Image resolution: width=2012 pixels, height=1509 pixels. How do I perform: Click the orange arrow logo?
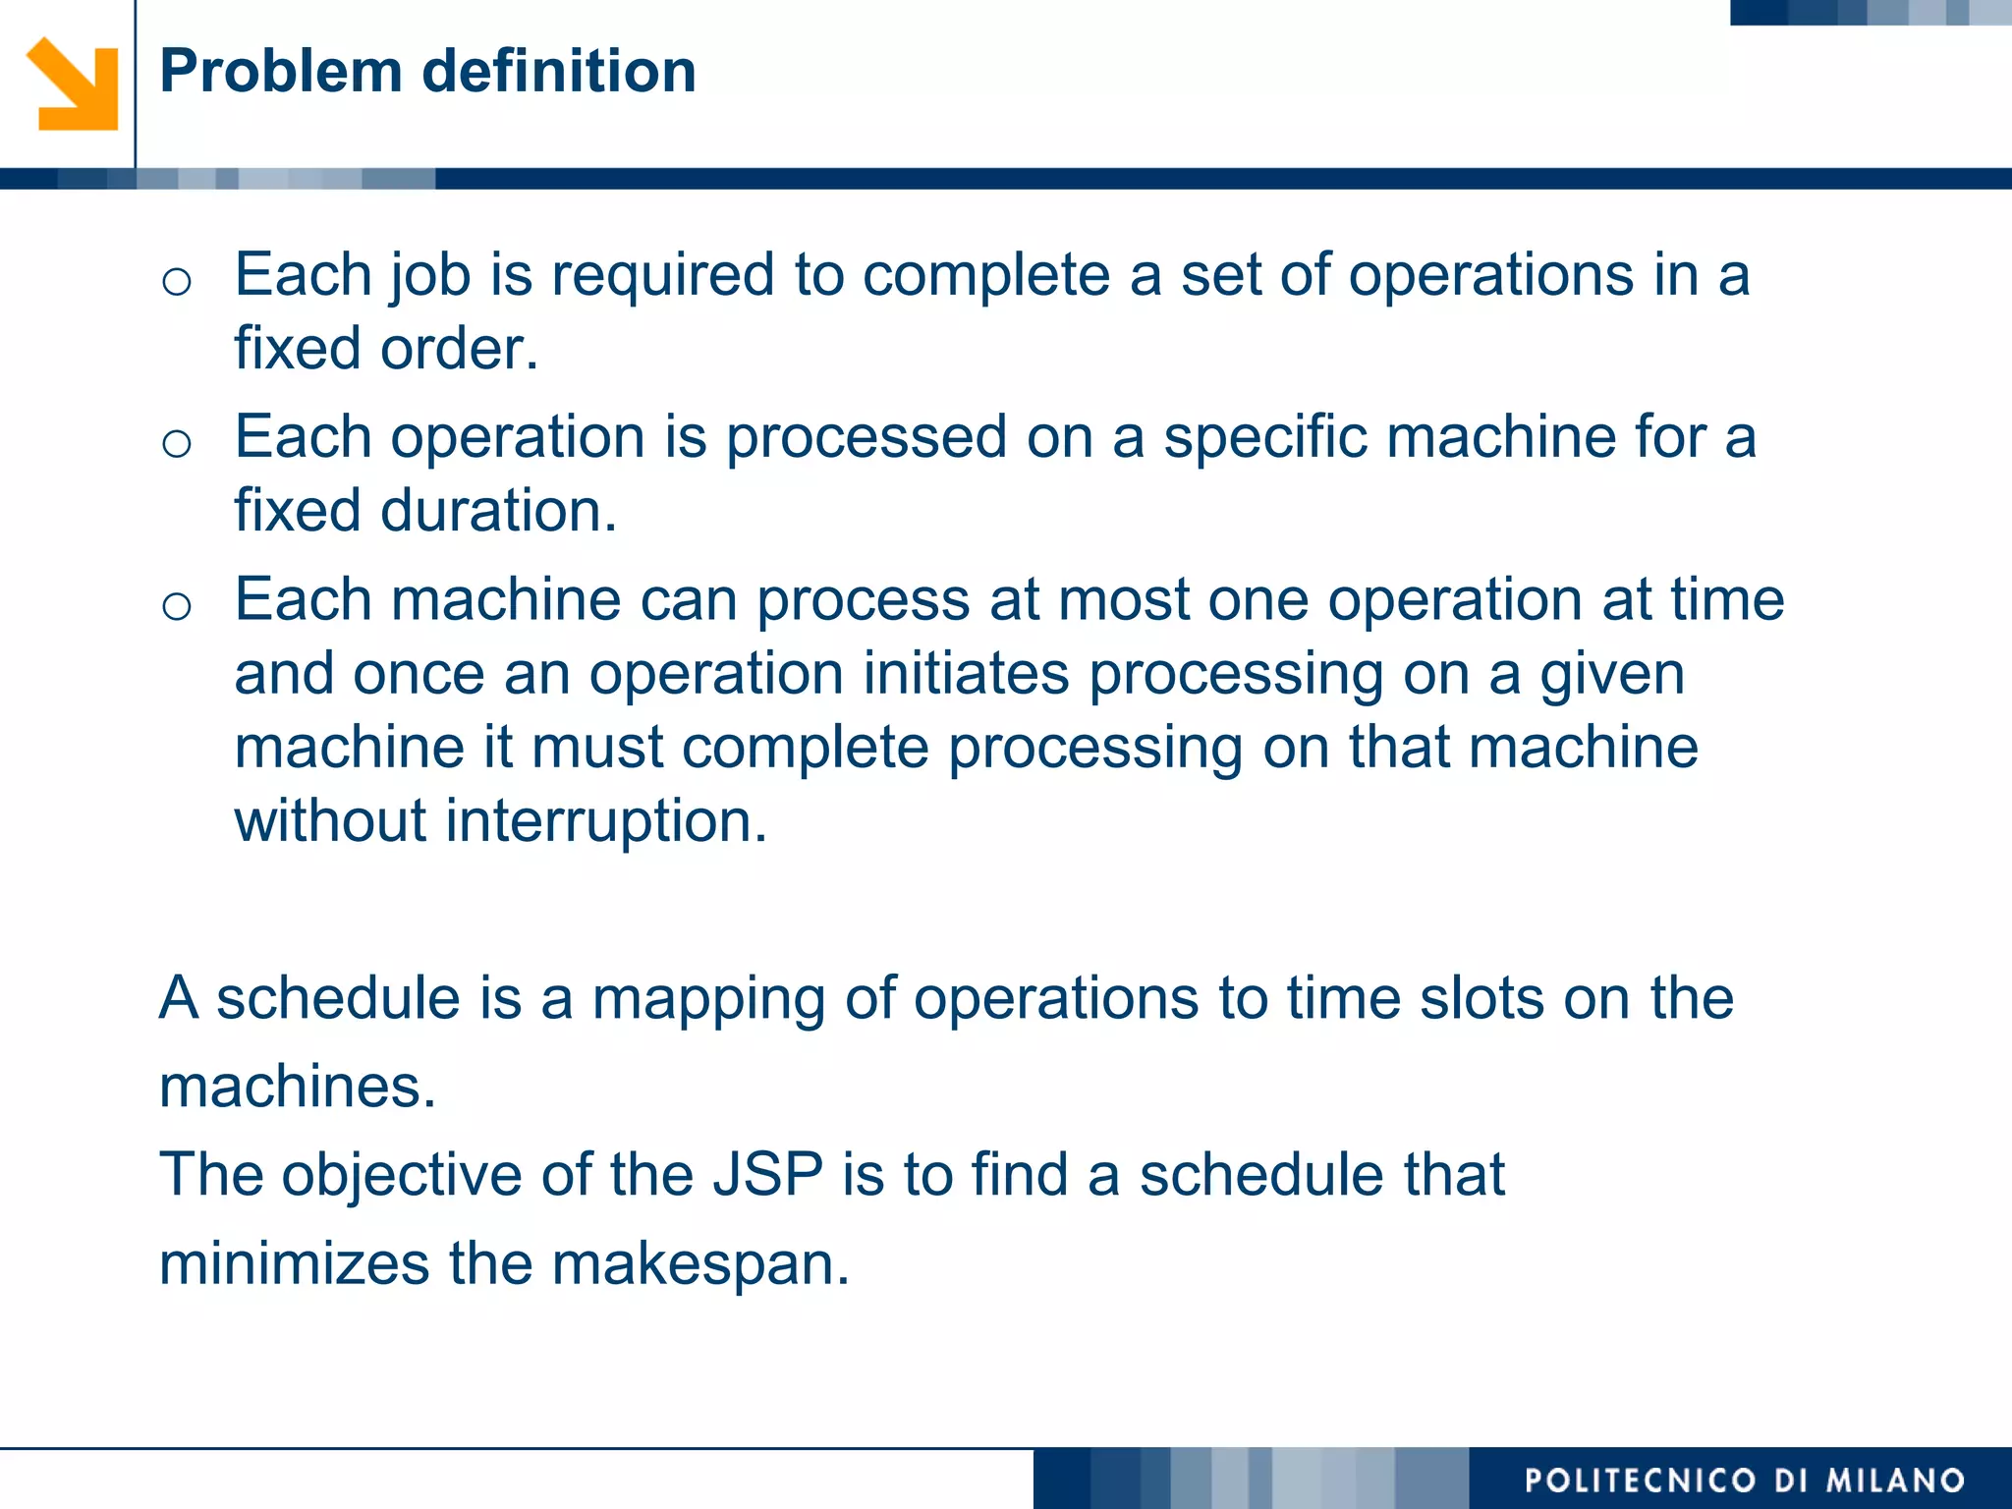click(73, 84)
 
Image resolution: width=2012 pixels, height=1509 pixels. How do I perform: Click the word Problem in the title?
click(281, 72)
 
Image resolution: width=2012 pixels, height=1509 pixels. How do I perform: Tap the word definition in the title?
click(559, 72)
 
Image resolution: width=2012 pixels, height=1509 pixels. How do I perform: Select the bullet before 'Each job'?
click(177, 282)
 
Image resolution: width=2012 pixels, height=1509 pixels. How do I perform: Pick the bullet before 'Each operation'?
click(177, 444)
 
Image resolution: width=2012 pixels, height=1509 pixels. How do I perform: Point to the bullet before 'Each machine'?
click(177, 606)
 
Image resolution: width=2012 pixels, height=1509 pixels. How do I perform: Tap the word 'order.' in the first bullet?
click(459, 349)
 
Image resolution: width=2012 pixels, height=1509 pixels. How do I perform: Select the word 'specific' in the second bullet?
click(1264, 437)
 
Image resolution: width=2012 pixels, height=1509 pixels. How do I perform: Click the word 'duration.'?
click(498, 511)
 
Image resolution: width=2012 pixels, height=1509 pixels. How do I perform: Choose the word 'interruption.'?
click(605, 821)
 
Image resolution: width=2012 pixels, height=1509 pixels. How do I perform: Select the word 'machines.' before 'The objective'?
click(297, 1087)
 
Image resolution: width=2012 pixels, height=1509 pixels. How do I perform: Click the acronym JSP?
click(767, 1175)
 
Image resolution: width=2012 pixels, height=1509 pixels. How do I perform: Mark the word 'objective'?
click(402, 1175)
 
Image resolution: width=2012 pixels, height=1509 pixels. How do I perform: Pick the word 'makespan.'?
click(699, 1263)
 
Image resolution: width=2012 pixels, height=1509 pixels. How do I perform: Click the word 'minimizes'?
click(294, 1263)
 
